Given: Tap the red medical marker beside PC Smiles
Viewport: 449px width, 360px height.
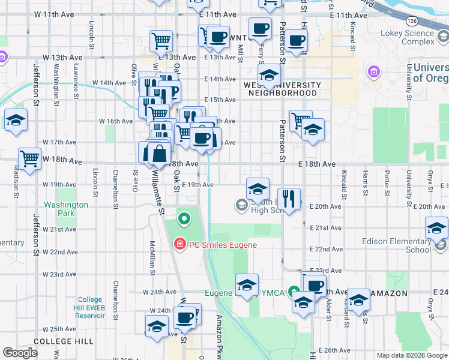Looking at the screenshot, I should point(179,244).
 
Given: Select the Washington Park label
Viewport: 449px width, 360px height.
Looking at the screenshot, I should point(67,209).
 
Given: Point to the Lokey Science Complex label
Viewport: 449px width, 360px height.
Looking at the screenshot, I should point(410,38).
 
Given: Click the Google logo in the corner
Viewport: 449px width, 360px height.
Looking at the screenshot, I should point(20,353).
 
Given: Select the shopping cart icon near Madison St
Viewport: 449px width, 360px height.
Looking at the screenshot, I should point(29,158).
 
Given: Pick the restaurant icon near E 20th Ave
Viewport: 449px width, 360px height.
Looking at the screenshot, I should point(289,197).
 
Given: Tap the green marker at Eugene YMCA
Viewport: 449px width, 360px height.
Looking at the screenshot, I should point(294,293).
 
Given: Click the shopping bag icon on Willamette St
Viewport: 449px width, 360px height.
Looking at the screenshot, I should point(158,154).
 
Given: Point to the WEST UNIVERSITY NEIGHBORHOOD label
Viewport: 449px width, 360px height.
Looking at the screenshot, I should point(282,89).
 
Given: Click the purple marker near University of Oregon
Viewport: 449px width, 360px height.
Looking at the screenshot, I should point(374,73).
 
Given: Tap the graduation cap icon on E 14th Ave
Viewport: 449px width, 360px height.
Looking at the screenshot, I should point(270,75).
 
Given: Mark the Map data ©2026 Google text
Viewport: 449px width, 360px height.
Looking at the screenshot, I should point(412,355).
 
